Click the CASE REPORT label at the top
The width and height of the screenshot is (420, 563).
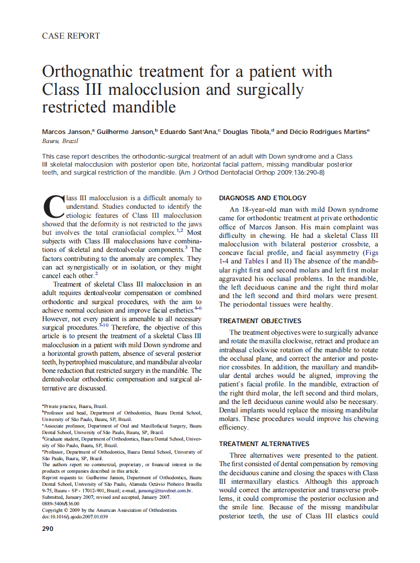coord(71,36)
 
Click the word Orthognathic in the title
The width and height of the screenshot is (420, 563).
coord(91,71)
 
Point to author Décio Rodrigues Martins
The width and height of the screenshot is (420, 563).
coord(328,132)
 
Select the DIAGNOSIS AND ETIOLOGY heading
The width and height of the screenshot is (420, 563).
coord(263,198)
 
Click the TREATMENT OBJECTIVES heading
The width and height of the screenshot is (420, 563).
coord(260,321)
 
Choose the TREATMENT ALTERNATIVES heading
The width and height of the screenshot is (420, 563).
coord(264,444)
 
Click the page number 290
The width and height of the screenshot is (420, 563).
coord(48,529)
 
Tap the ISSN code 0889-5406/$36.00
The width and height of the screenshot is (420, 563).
coord(61,504)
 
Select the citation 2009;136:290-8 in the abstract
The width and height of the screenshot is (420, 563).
coord(300,172)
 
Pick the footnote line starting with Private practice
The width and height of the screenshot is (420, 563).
coord(75,406)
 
